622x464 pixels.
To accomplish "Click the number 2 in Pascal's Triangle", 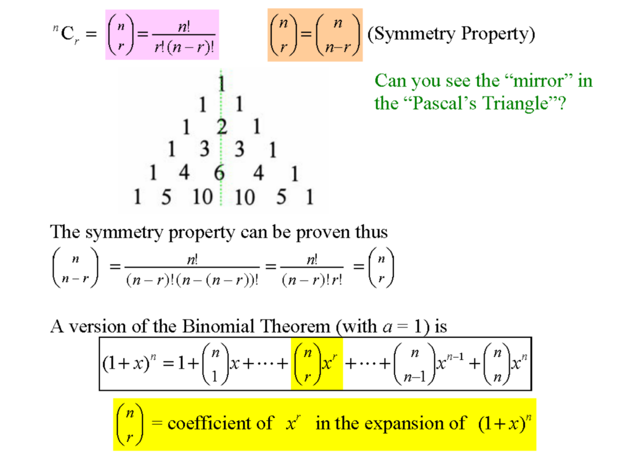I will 222,127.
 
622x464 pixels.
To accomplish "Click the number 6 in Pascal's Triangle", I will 219,172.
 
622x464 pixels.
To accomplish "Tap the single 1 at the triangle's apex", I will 221,83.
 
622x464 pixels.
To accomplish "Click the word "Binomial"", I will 218,326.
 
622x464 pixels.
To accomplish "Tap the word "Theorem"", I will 295,326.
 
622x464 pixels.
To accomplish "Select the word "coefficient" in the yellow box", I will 220,423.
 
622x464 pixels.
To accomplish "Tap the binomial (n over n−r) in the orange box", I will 338,35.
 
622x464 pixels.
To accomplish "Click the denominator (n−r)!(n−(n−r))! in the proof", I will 192,280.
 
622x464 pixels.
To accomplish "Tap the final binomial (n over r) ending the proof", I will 381,268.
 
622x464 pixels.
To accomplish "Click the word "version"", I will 98,326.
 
